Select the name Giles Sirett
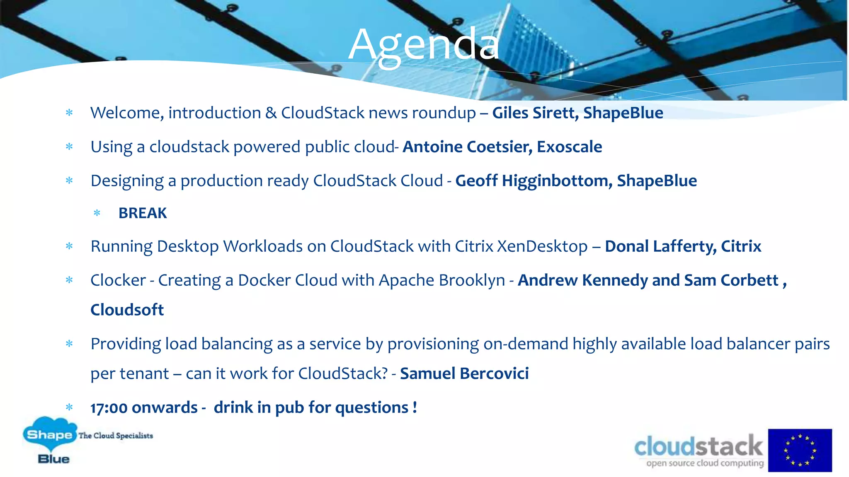[535, 113]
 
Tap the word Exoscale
[569, 147]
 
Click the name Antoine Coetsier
[467, 147]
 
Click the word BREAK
[143, 213]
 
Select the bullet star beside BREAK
[97, 213]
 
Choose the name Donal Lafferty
[660, 246]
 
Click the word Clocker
[118, 280]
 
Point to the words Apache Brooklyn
[441, 280]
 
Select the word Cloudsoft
[127, 310]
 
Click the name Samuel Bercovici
[464, 373]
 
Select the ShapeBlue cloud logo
[50, 440]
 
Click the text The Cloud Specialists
[116, 436]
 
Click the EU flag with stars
[800, 450]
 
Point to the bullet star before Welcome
[69, 113]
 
